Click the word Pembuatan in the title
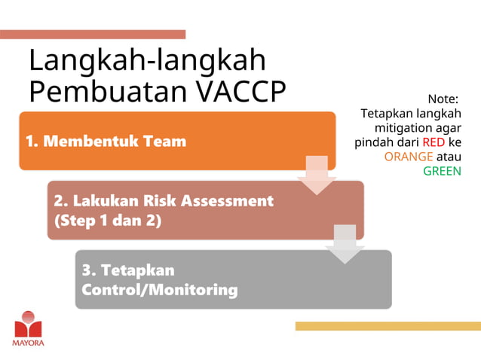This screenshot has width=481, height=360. (108, 91)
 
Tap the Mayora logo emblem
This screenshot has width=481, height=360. (29, 325)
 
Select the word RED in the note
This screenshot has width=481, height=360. (434, 142)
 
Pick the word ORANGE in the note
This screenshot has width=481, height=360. (408, 157)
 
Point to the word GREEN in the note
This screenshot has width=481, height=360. (442, 171)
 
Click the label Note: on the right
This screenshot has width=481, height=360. (443, 99)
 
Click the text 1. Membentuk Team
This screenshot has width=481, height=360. (106, 141)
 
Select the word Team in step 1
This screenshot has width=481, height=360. (166, 141)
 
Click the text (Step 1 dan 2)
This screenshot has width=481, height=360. (108, 221)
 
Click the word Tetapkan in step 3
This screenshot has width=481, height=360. (137, 270)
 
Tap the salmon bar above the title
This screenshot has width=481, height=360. (93, 34)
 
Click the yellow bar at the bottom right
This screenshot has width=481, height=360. (388, 326)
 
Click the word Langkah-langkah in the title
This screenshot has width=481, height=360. (147, 60)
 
